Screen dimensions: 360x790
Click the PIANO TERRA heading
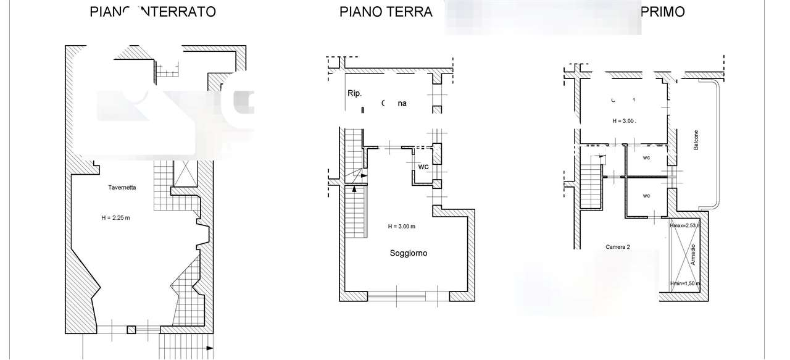point(386,12)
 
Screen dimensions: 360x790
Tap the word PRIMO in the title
point(663,12)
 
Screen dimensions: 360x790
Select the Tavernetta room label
point(122,186)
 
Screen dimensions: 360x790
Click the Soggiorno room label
point(408,253)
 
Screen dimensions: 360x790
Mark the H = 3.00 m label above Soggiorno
point(401,227)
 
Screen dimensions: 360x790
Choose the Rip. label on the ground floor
point(354,93)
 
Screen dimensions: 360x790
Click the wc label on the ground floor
point(423,167)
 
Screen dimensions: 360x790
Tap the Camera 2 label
point(617,246)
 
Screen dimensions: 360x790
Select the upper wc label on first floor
point(646,157)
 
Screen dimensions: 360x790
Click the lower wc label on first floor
point(646,196)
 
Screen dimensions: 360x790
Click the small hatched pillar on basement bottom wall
point(131,330)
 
